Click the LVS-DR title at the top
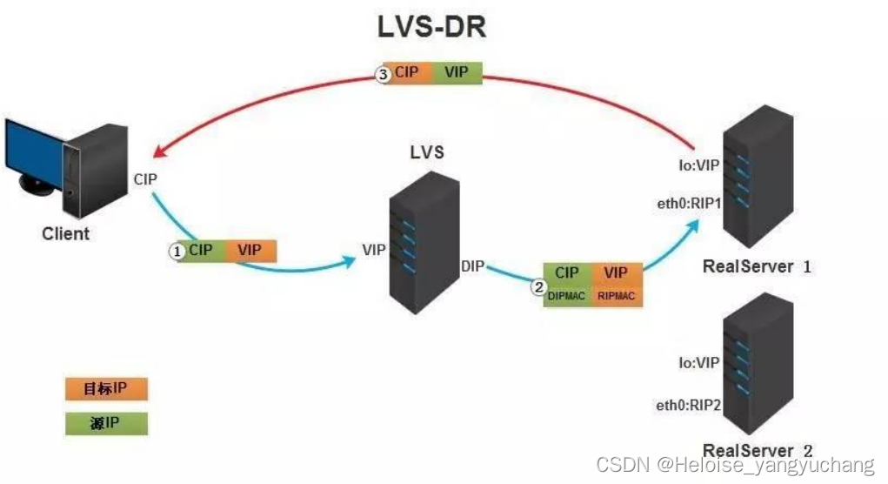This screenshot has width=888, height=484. click(x=431, y=26)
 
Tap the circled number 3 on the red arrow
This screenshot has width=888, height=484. click(x=383, y=75)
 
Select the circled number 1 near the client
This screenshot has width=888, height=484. click(x=177, y=251)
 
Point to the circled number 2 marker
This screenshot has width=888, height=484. click(x=539, y=286)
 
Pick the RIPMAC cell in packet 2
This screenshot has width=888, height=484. click(x=617, y=296)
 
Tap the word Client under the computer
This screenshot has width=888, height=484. click(x=65, y=234)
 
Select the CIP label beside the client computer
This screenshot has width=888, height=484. click(x=145, y=178)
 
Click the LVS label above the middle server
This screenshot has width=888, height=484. click(x=427, y=152)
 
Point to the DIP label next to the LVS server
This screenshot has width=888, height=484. click(x=474, y=265)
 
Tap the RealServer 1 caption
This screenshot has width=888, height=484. click(x=757, y=266)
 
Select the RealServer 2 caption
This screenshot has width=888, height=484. click(x=757, y=450)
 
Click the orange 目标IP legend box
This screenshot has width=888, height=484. click(x=106, y=389)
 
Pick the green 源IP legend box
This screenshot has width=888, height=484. click(x=106, y=424)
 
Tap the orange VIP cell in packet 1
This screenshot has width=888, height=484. click(x=250, y=251)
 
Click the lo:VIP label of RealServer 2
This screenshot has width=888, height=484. click(x=699, y=363)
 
